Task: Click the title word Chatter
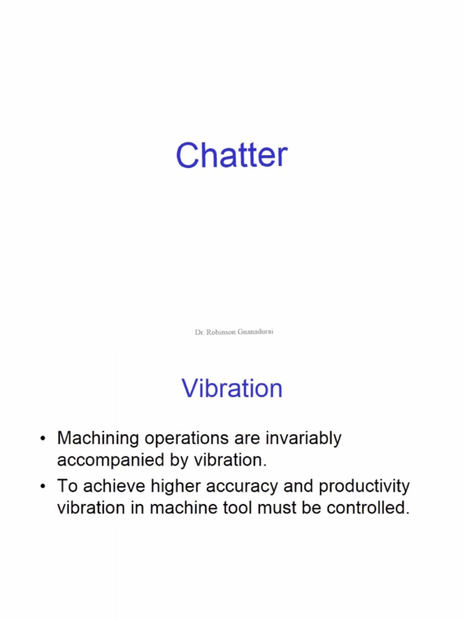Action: pos(231,155)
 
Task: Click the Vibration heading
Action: pos(232,388)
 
